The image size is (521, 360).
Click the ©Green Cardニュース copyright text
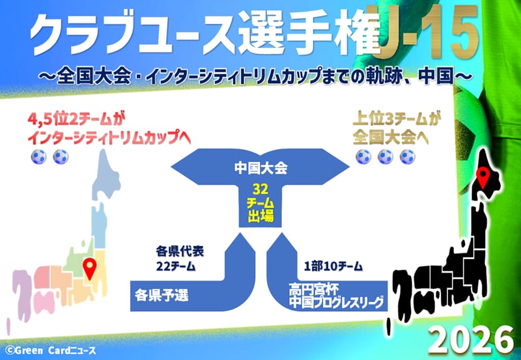51,350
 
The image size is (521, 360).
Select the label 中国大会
260,168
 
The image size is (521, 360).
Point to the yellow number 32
260,189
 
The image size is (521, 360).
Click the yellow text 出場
260,216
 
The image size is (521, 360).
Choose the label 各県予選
162,296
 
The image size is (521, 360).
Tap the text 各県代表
180,252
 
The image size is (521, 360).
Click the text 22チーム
176,266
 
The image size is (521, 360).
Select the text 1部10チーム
333,266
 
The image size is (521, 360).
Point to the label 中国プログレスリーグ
336,302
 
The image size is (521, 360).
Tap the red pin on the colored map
90,269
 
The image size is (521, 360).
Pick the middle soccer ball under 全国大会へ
386,157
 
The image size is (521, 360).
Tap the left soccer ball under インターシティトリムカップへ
39,157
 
